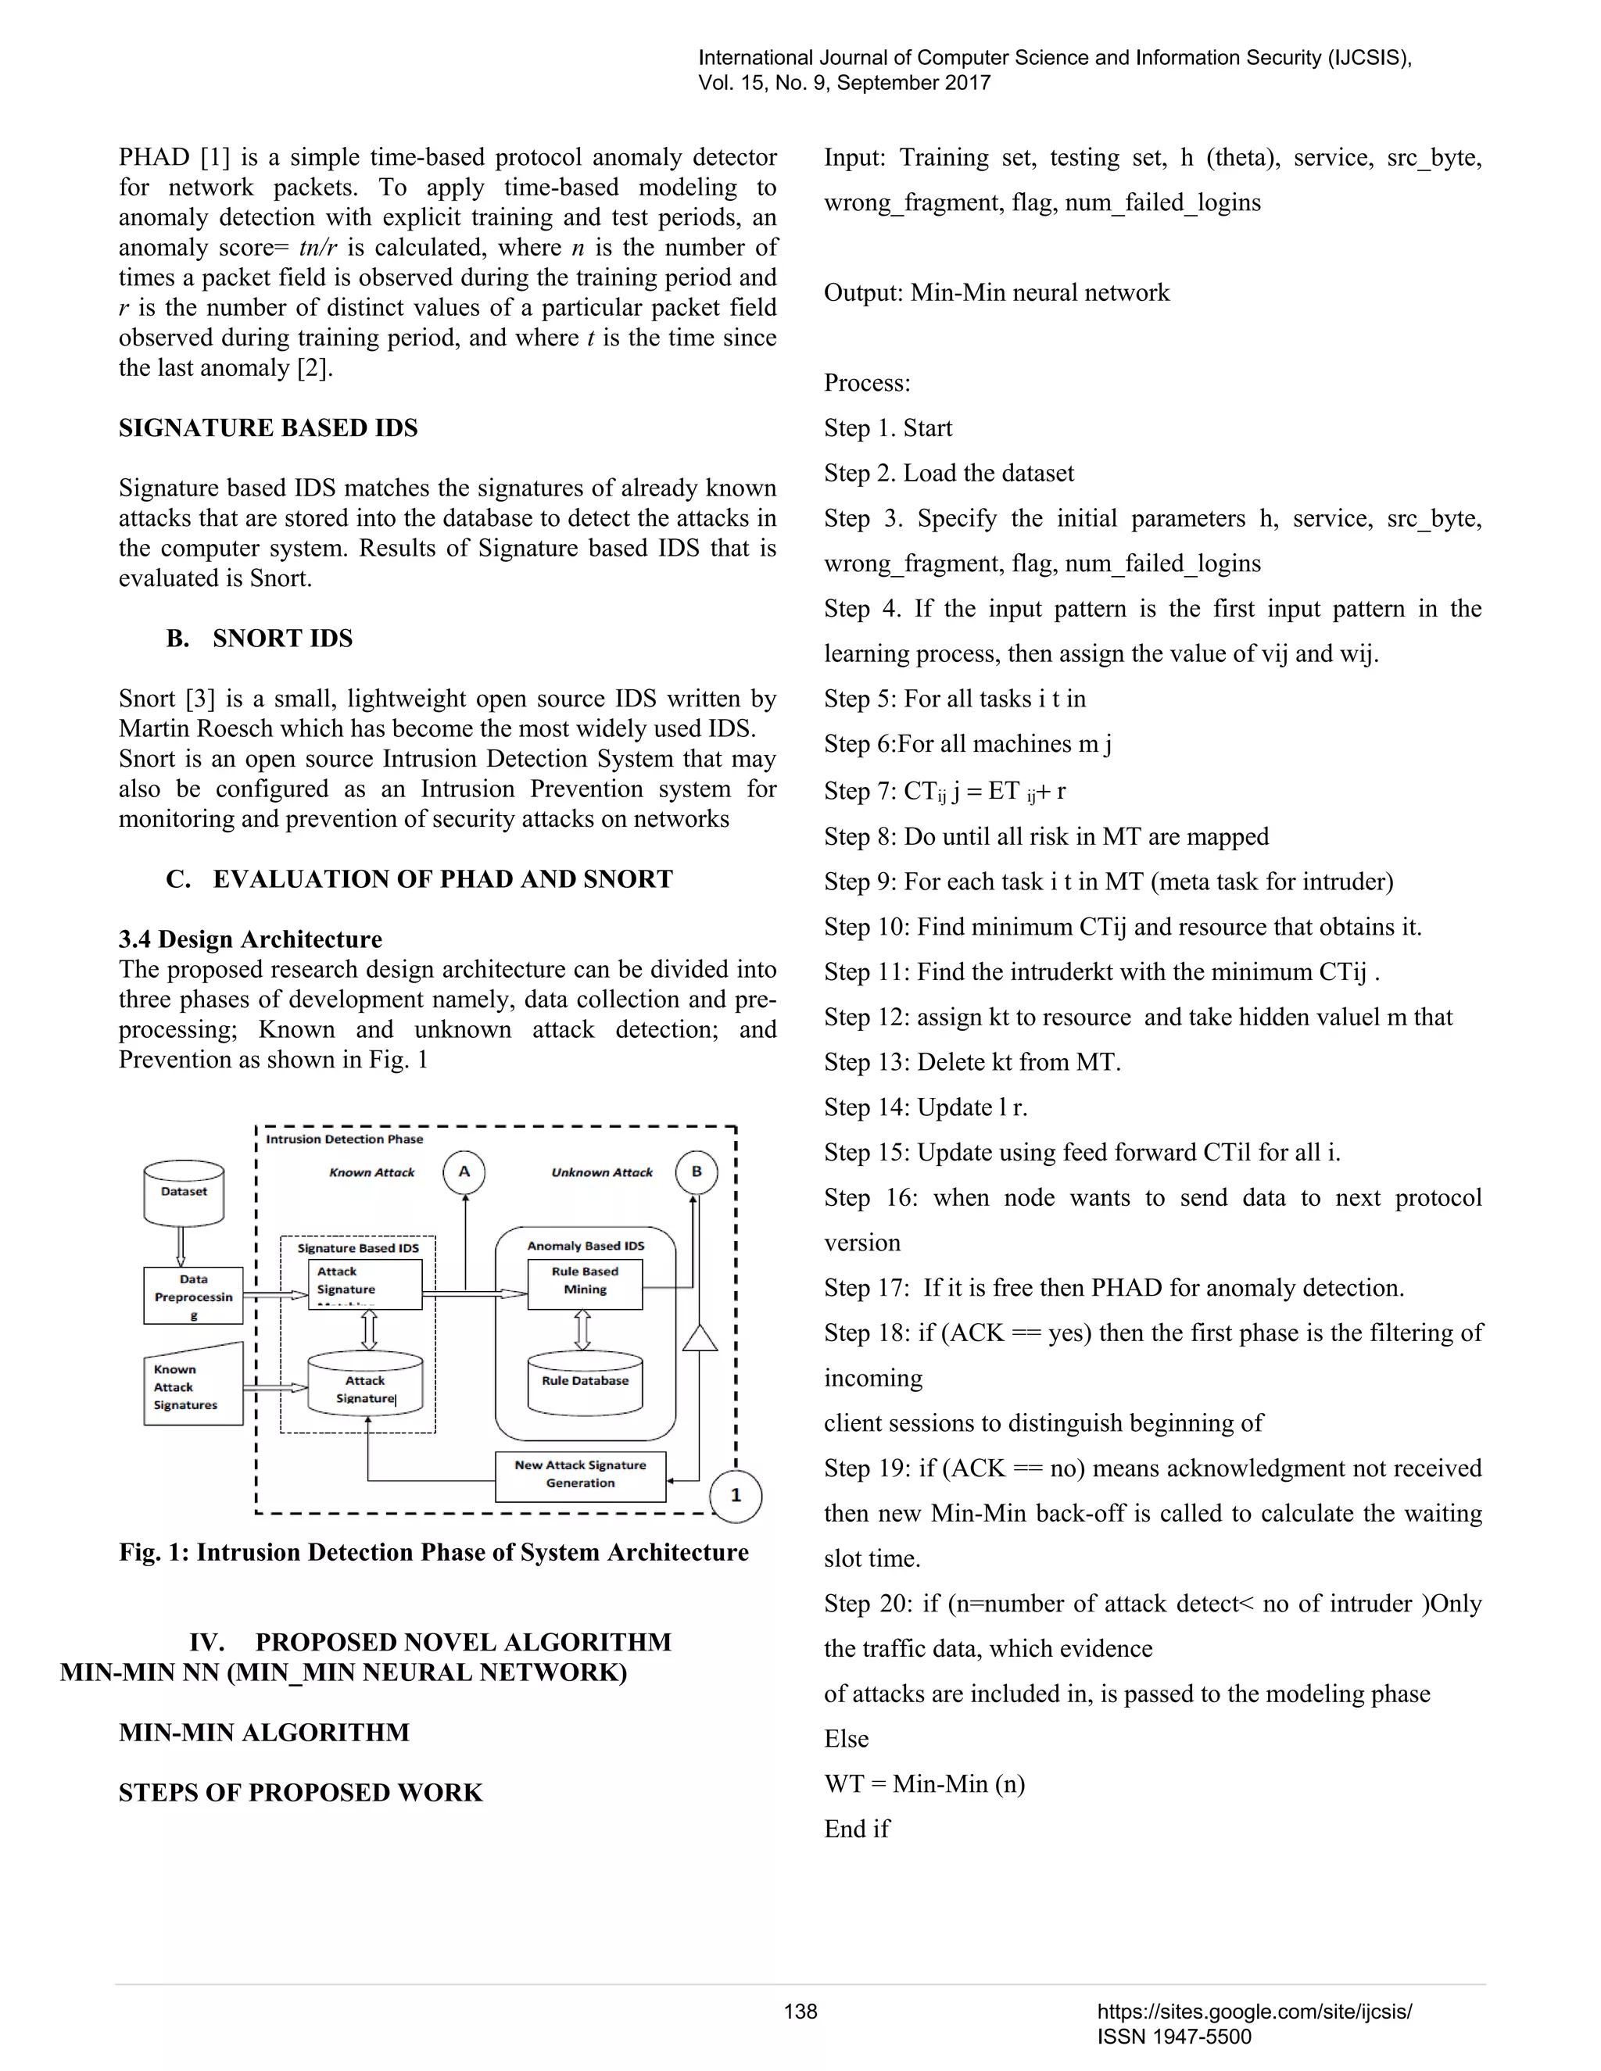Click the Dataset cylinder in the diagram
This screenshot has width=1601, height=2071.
tap(183, 1193)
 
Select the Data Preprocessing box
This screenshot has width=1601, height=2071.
tap(194, 1295)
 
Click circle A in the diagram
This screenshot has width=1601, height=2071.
tap(464, 1172)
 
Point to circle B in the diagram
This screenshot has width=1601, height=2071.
tap(697, 1172)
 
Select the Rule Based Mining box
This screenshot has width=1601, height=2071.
tap(586, 1282)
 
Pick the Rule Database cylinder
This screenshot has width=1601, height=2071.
tap(586, 1382)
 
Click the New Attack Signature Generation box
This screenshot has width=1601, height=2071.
tap(581, 1475)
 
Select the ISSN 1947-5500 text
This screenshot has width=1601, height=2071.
tap(1174, 2037)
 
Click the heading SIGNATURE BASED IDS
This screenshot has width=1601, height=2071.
tap(268, 427)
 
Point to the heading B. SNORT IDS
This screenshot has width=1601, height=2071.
tap(260, 638)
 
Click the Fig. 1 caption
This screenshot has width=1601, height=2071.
tap(433, 1552)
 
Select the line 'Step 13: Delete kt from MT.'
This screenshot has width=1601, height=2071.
tap(972, 1062)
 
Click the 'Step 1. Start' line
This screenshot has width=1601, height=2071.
tap(888, 427)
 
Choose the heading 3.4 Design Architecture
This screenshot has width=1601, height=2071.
tap(250, 939)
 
